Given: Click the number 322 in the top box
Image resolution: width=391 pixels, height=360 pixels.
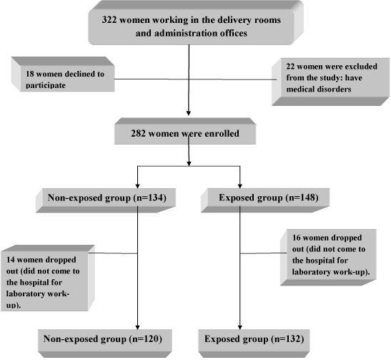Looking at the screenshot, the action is (x=109, y=20).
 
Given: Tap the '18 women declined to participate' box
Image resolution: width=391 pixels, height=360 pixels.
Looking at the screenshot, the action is (x=63, y=74).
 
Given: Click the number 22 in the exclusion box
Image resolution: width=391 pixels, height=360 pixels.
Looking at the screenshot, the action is (x=290, y=67).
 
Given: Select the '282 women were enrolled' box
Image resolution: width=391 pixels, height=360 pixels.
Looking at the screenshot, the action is (x=185, y=131).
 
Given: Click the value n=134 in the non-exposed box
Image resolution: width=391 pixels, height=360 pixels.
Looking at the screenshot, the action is (x=150, y=198).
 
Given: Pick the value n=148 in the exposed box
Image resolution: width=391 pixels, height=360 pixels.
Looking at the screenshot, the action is (x=302, y=198).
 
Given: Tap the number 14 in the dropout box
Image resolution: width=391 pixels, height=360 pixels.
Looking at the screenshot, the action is (x=11, y=260).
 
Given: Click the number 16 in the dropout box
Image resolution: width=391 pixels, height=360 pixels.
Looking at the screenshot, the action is (x=297, y=238).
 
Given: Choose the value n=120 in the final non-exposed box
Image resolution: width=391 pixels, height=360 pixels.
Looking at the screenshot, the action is (x=146, y=339).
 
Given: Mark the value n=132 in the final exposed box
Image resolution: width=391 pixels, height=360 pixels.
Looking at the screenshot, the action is (x=288, y=339).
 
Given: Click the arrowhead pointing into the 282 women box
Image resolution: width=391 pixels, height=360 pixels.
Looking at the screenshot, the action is (x=189, y=113).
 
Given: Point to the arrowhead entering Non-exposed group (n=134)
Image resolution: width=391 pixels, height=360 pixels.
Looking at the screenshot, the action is (x=137, y=186).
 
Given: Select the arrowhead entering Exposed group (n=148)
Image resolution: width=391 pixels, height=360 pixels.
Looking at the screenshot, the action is (x=240, y=186).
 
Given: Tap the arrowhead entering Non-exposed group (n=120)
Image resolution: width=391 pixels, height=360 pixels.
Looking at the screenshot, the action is (x=137, y=327).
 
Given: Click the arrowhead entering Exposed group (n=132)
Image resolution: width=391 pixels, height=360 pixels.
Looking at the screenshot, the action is (x=240, y=327).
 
